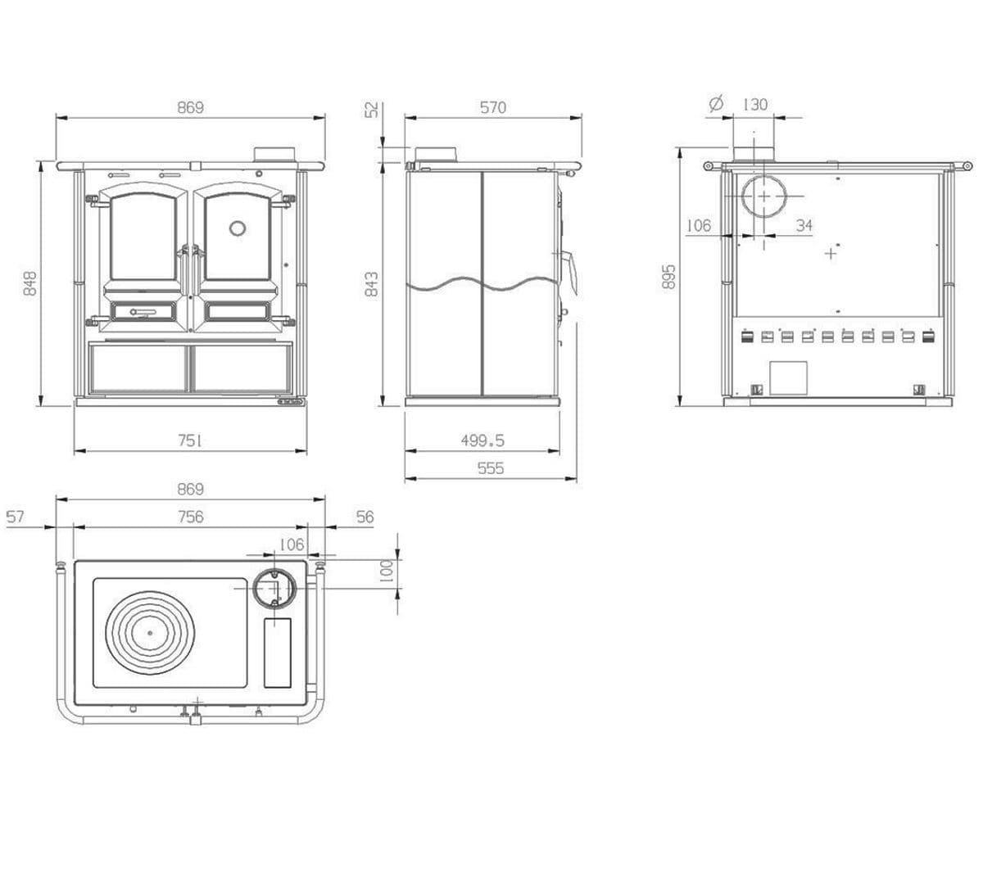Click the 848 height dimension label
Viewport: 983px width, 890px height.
click(30, 283)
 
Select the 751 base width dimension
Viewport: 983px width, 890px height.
click(190, 440)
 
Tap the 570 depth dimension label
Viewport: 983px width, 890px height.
click(493, 107)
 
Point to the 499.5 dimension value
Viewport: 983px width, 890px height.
click(482, 440)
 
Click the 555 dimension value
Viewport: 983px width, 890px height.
click(491, 468)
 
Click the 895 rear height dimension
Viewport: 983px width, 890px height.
click(668, 278)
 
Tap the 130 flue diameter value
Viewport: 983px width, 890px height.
click(755, 104)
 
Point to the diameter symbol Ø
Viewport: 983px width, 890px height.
click(716, 104)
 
